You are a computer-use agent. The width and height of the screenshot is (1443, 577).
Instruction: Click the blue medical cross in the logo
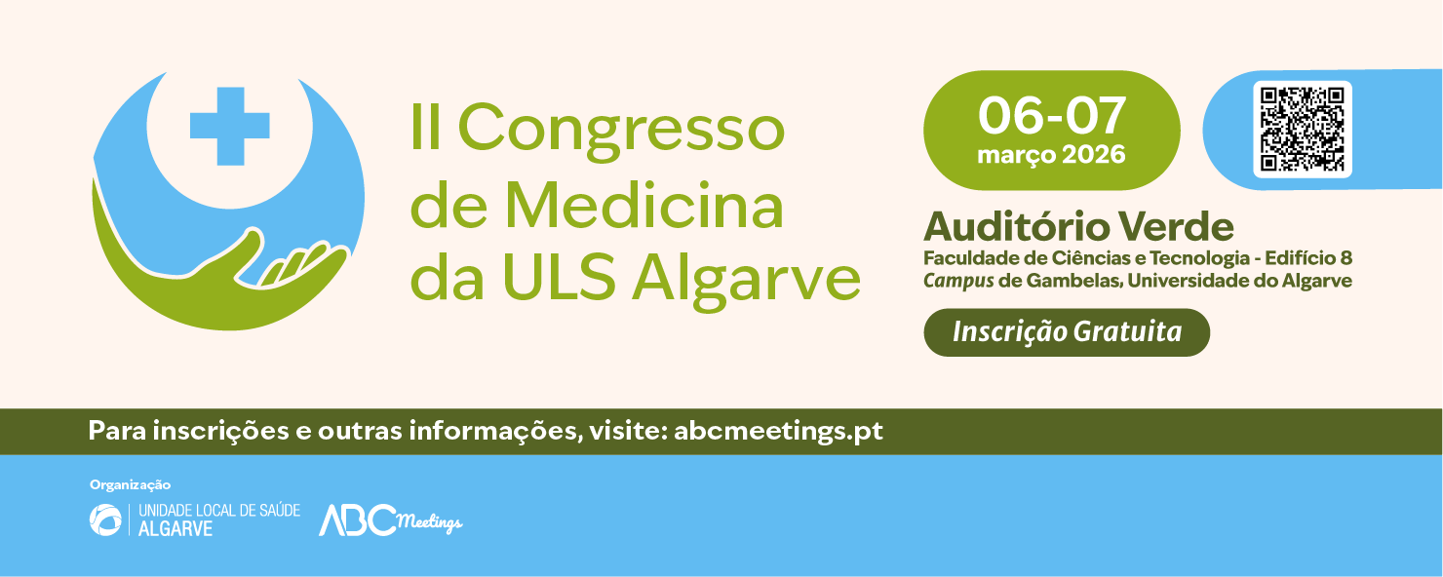(x=229, y=125)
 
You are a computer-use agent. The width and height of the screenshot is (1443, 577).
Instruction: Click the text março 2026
(x=1051, y=155)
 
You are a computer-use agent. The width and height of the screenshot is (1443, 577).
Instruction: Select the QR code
(x=1302, y=130)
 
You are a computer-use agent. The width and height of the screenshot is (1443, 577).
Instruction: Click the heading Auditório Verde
(x=1078, y=227)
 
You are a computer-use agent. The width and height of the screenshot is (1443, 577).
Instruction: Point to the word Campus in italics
(x=957, y=281)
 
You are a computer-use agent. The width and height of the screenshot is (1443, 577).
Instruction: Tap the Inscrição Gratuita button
(x=1067, y=332)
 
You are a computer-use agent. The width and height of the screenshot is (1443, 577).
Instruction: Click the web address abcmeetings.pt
(x=778, y=431)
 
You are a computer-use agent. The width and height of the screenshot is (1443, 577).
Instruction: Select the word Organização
(x=130, y=484)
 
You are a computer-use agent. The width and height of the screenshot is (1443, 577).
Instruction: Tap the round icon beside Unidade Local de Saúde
(x=105, y=519)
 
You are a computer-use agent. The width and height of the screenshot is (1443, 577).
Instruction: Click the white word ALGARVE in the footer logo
(x=175, y=529)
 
